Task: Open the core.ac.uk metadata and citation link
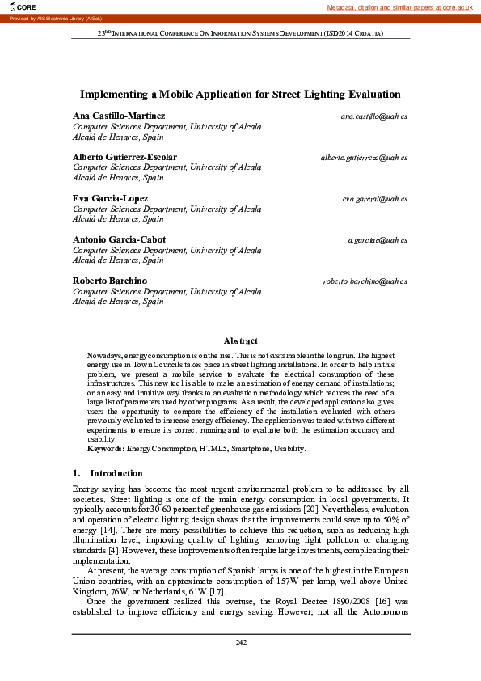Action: [399, 7]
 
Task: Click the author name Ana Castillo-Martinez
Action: [119, 116]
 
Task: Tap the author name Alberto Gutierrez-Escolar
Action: [125, 157]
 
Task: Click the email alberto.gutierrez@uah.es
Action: [364, 157]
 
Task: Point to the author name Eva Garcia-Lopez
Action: [111, 198]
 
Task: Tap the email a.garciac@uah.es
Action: [377, 240]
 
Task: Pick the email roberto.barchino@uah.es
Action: [365, 281]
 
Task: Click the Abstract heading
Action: [241, 341]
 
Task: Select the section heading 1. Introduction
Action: [108, 473]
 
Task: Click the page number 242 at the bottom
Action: [241, 642]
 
